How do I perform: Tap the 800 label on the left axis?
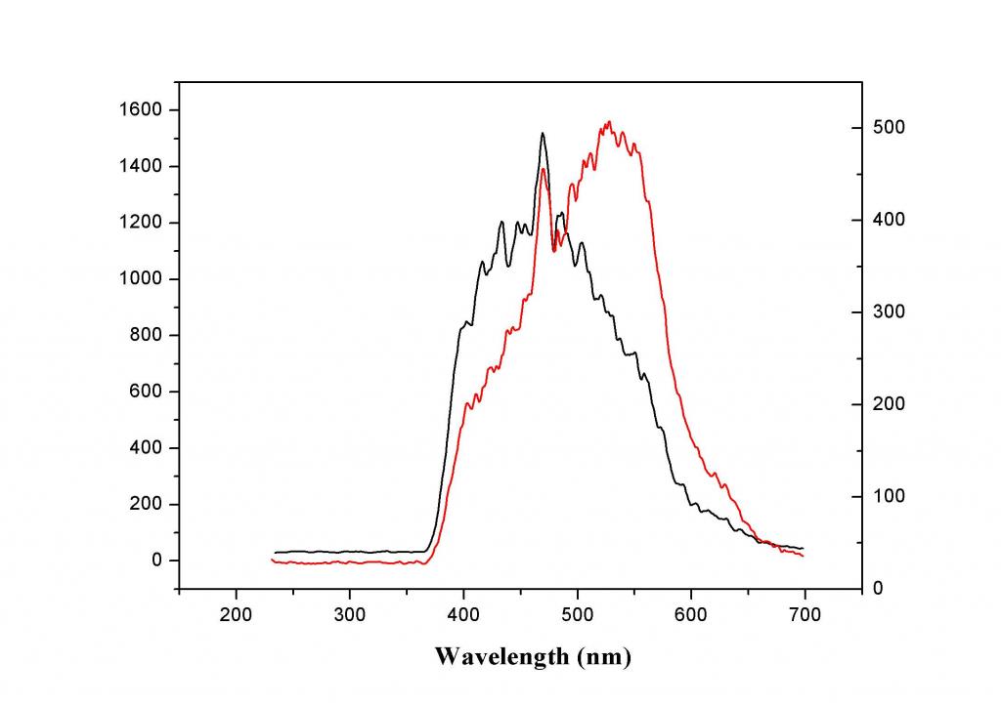[145, 336]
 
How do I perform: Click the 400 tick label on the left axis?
[145, 448]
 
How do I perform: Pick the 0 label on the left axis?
[155, 561]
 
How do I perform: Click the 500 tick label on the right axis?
[890, 128]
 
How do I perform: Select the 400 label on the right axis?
[890, 220]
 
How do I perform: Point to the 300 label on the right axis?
[890, 311]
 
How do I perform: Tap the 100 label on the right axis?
[890, 496]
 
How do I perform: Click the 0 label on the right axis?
[880, 588]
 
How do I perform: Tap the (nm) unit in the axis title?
[603, 656]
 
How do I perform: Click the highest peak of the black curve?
[542, 134]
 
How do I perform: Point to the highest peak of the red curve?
[609, 122]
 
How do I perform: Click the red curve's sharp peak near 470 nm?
[542, 169]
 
